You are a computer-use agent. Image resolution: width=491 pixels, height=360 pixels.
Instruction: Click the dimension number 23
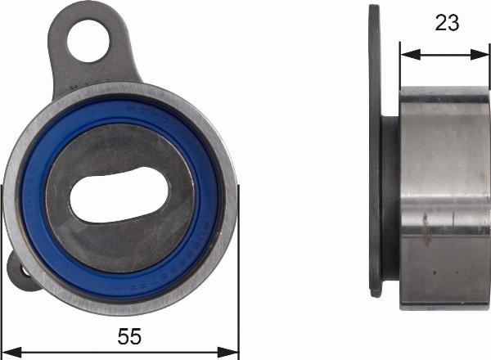[x=447, y=23]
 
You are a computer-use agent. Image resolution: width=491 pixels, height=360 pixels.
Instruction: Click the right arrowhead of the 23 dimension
[x=483, y=54]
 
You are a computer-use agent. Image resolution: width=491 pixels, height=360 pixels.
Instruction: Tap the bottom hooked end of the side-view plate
[x=375, y=290]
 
